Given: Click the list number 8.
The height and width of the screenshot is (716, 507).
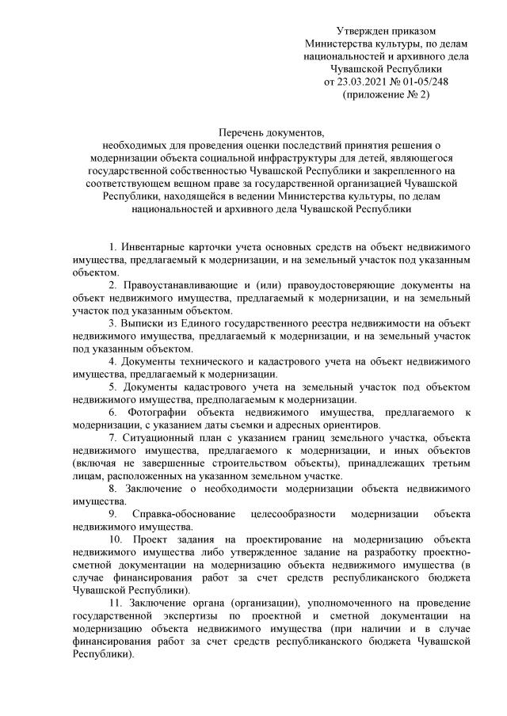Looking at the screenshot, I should click(112, 489).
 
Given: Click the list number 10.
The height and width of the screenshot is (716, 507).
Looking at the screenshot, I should click(115, 539).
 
